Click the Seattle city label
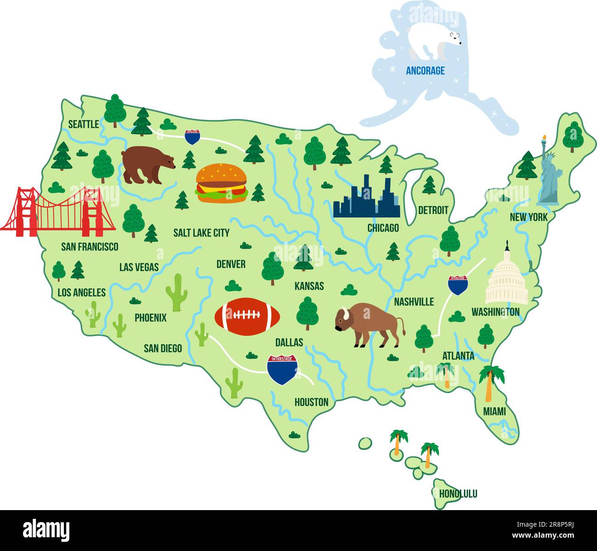tap(84, 124)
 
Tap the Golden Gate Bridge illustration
tap(57, 212)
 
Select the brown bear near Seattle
tap(147, 165)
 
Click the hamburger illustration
tap(221, 183)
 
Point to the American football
tap(247, 316)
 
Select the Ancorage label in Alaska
tap(425, 71)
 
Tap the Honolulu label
tap(458, 494)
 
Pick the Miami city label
tap(494, 411)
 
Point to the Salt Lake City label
tap(201, 233)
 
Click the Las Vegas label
tap(139, 267)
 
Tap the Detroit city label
tap(433, 210)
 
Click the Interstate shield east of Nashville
tap(458, 285)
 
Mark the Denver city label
tap(231, 264)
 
